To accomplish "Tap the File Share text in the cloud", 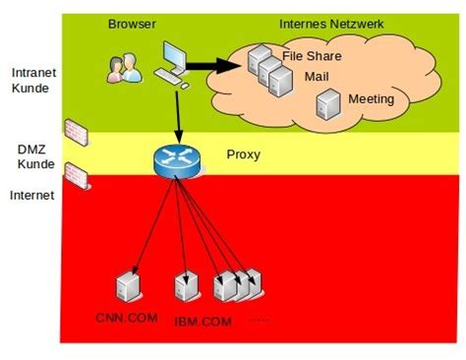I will (x=311, y=56).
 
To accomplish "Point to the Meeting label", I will (x=371, y=99).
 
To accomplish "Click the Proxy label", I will (x=243, y=155).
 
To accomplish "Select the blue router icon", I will (x=176, y=160).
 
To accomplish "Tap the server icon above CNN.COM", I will (x=127, y=285).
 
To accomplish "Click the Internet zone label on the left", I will (x=32, y=195).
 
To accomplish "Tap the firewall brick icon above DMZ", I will (x=76, y=131).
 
